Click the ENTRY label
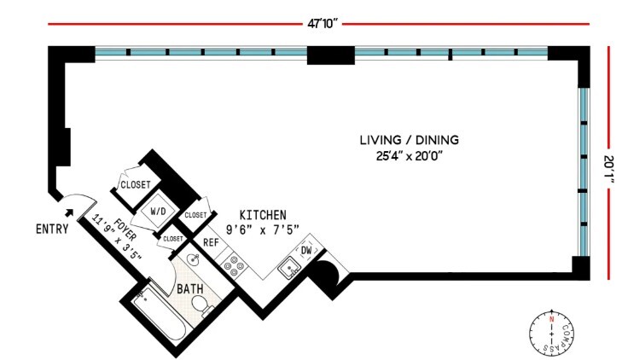pos(51,229)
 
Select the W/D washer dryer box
pos(159,212)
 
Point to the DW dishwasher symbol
pos(305,251)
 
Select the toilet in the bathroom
pos(200,305)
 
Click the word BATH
pos(189,289)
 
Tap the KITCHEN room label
pos(262,215)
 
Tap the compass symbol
pos(552,332)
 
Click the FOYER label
pos(110,228)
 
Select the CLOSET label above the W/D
pos(135,184)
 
